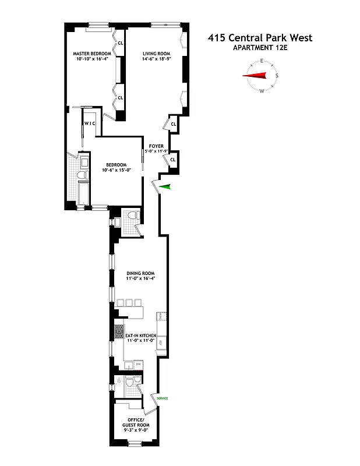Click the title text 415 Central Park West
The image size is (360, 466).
coord(260,38)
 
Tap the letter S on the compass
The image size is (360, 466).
coord(277,76)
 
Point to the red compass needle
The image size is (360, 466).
coord(255,76)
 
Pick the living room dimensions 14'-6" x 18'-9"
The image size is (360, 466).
coord(157,59)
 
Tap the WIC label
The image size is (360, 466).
coord(90,123)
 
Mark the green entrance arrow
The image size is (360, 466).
coord(166,186)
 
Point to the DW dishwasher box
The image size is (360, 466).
coord(138,364)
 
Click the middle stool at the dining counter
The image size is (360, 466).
coord(129,302)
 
